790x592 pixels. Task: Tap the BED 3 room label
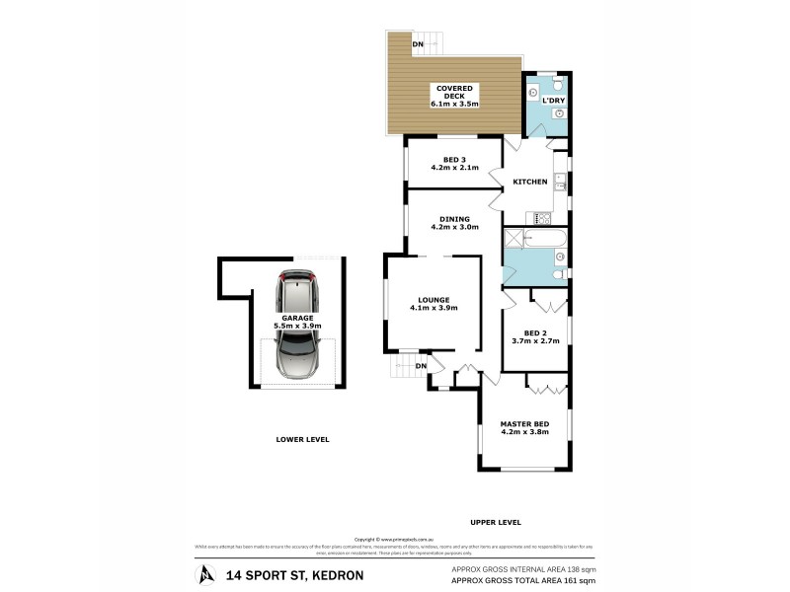[454, 164]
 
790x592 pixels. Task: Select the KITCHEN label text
[529, 183]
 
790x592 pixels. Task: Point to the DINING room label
[454, 223]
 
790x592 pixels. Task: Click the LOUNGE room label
[434, 304]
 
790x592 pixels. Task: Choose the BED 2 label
[535, 336]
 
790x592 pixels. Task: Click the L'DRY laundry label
[553, 101]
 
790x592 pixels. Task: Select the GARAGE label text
[296, 322]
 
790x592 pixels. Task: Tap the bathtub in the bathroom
[546, 239]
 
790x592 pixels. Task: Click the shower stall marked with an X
[513, 238]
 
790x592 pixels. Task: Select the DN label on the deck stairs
[418, 44]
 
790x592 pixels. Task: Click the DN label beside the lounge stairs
[421, 366]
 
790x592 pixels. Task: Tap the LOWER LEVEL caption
[302, 439]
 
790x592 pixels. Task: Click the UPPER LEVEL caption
[495, 522]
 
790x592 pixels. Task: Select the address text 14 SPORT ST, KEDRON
[294, 574]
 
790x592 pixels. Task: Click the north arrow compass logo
[204, 573]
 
